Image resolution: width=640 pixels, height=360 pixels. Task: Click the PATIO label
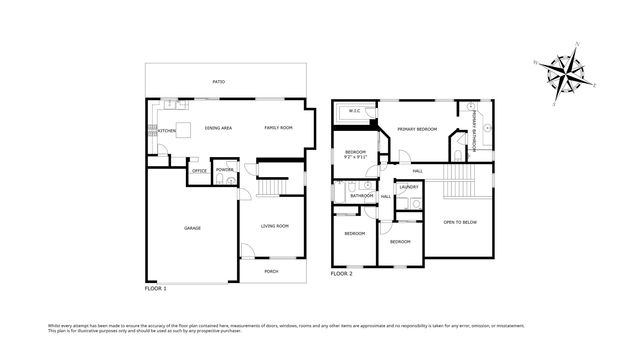218,81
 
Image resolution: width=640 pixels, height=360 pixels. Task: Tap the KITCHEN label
167,129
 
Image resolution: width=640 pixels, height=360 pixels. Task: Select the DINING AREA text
218,128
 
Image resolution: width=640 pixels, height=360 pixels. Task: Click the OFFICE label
199,171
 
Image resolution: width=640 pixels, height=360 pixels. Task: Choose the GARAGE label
192,228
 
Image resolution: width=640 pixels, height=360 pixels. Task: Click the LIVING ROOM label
275,225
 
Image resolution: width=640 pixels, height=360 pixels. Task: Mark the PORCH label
271,271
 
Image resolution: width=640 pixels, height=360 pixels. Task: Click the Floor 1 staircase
271,188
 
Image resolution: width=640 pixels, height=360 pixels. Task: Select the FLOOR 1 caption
156,288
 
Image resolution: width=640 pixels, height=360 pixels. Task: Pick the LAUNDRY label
408,187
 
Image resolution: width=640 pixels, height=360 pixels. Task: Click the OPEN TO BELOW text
458,222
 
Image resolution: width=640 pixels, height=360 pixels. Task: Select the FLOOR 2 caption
342,272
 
